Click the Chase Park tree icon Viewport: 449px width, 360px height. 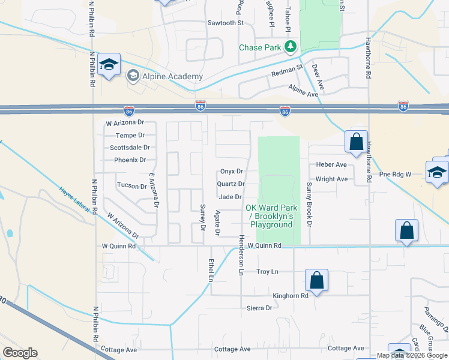click(291, 46)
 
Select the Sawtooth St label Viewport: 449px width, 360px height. click(225, 23)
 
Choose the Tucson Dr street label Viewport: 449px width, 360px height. click(132, 186)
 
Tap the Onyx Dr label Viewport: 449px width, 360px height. click(231, 171)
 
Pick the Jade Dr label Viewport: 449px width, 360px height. click(231, 197)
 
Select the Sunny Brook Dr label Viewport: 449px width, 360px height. click(310, 205)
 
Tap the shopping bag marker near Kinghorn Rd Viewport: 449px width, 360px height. click(316, 280)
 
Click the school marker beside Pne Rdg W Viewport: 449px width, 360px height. click(436, 172)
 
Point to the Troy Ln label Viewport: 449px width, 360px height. click(267, 272)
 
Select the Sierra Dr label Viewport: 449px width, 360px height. click(259, 308)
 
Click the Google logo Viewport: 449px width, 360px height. click(20, 353)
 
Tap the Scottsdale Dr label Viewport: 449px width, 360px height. click(130, 148)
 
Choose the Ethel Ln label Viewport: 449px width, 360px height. click(211, 270)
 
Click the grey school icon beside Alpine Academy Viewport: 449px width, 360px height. click(133, 76)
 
